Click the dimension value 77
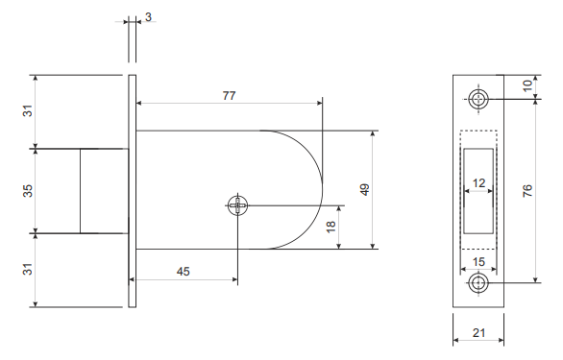(x=229, y=95)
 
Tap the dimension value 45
(x=184, y=272)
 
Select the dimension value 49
(x=364, y=189)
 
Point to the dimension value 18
(x=330, y=227)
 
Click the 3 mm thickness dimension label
(x=148, y=17)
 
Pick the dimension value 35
(x=28, y=191)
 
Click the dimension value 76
(x=527, y=191)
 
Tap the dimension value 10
(x=527, y=85)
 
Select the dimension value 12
(x=478, y=183)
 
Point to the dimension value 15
(x=478, y=262)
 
